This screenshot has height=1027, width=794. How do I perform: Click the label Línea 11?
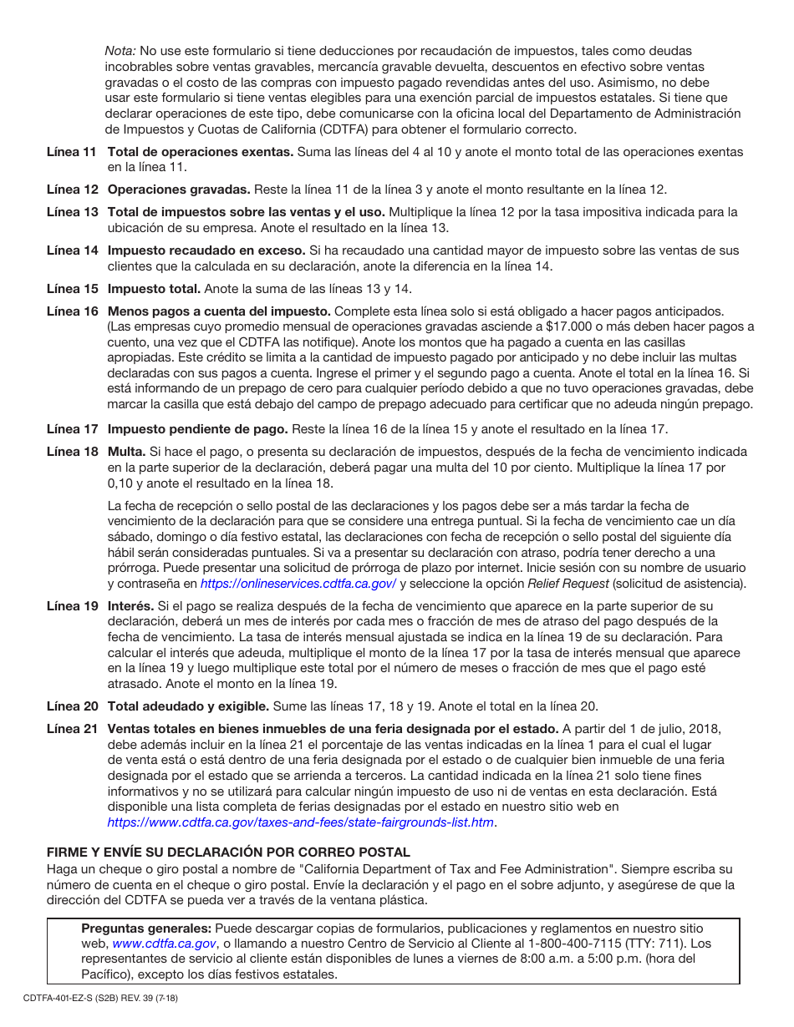pos(72,152)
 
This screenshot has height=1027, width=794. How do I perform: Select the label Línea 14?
pos(72,250)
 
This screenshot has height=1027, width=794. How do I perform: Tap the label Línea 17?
pos(72,429)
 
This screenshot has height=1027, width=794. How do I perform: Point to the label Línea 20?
pos(72,706)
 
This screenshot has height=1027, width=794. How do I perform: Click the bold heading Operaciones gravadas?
pos(179,190)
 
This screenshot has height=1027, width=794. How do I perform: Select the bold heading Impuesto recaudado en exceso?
pos(206,250)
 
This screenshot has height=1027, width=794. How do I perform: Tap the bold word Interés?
pos(131,606)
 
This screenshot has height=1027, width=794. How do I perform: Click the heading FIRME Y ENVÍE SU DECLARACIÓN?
pos(228,852)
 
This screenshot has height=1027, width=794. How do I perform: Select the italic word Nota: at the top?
pos(120,52)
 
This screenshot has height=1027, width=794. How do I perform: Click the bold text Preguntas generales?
pos(145,928)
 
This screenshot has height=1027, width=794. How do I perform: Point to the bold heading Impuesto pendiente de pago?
pos(198,429)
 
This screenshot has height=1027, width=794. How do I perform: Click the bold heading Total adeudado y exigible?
pos(188,706)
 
